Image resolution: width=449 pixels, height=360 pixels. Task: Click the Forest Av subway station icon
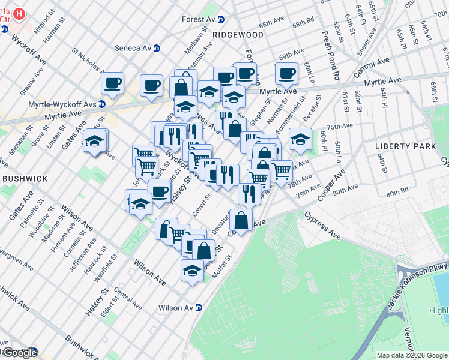pyautogui.click(x=220, y=19)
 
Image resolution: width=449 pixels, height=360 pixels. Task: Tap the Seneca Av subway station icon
pyautogui.click(x=157, y=48)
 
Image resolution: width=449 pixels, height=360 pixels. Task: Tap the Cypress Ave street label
pyautogui.click(x=322, y=225)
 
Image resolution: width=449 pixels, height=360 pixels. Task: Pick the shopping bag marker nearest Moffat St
pyautogui.click(x=203, y=250)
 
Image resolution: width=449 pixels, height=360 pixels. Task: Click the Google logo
pyautogui.click(x=20, y=353)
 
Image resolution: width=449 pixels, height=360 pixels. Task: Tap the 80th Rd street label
pyautogui.click(x=397, y=193)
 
